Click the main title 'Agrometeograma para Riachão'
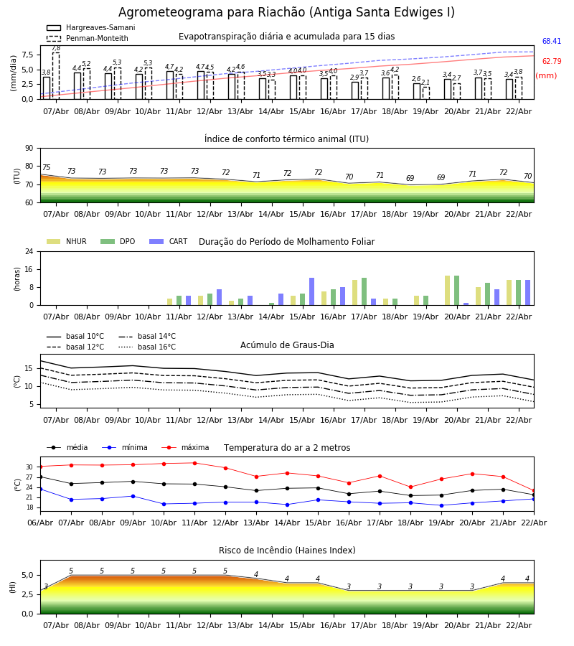tap(286, 13)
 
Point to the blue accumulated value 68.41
tap(552, 42)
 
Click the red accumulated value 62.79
tap(552, 62)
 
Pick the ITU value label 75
tap(47, 168)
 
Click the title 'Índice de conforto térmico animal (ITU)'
tap(286, 139)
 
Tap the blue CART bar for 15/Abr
tap(312, 291)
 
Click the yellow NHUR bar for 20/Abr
tap(448, 290)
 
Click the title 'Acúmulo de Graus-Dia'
tap(287, 345)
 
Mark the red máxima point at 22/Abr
tap(534, 490)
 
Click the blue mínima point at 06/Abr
tap(40, 489)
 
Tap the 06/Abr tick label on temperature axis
tap(40, 523)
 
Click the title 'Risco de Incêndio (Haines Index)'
tap(287, 551)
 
